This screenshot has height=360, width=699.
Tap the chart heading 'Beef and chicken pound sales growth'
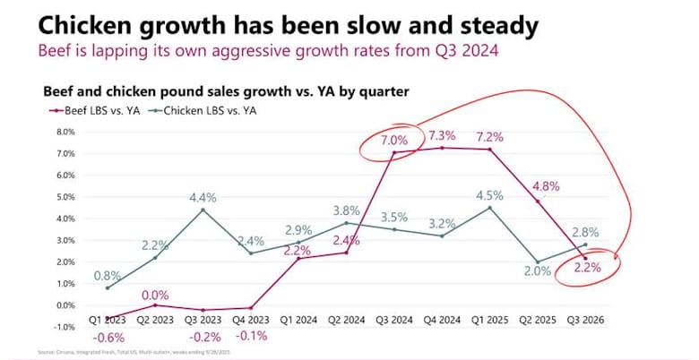pyautogui.click(x=233, y=92)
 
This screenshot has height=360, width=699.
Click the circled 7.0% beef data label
pyautogui.click(x=393, y=141)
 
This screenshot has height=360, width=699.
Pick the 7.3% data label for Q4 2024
pyautogui.click(x=442, y=136)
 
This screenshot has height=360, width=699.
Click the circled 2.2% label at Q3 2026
pyautogui.click(x=584, y=267)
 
